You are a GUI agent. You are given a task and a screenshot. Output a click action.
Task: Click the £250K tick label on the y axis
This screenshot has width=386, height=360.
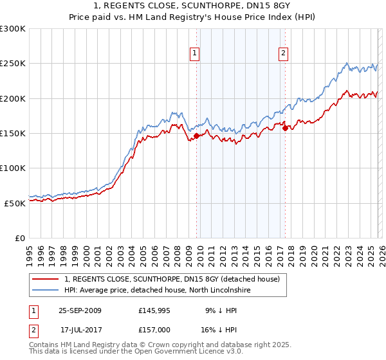(13, 64)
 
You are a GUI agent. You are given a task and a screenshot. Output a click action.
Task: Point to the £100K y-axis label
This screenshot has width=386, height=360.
(13, 168)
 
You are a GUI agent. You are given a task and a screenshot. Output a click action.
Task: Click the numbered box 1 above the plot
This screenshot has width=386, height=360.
(194, 53)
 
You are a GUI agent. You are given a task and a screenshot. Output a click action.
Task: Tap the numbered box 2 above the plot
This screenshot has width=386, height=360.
(283, 53)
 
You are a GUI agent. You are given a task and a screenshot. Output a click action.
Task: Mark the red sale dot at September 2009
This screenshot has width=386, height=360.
(197, 136)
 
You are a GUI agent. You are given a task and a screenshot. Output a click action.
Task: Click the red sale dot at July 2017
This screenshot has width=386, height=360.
(285, 128)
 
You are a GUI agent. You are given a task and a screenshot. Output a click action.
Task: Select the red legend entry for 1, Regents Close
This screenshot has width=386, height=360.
(172, 279)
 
